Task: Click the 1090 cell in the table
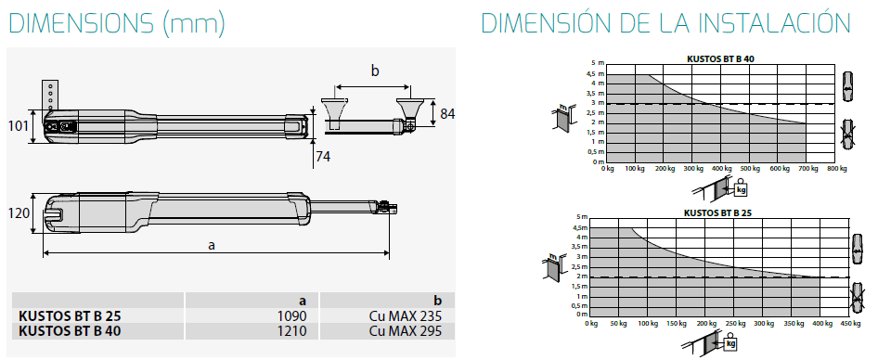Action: pos(293,315)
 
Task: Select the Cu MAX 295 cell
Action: pos(406,331)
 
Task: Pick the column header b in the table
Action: pos(438,301)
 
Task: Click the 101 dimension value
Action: pos(19,126)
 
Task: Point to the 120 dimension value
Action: pos(19,213)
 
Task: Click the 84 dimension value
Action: pos(446,113)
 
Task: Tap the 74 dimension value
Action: pos(322,156)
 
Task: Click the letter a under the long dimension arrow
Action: pos(212,245)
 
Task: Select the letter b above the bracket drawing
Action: pos(375,71)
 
